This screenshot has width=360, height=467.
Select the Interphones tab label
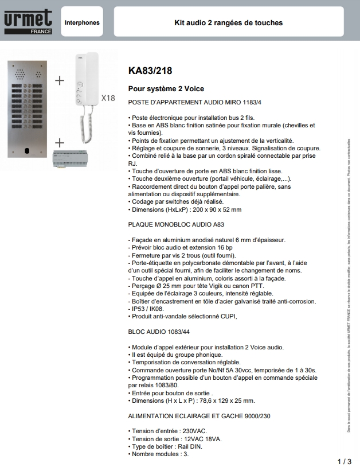pyautogui.click(x=82, y=23)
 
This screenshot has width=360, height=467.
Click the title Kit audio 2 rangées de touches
pyautogui.click(x=228, y=23)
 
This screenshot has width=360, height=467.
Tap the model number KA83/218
pyautogui.click(x=150, y=71)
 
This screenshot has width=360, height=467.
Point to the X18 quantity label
pyautogui.click(x=108, y=98)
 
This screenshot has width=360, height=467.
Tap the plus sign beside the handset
pyautogui.click(x=60, y=81)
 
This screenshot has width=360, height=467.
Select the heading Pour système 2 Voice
pyautogui.click(x=166, y=89)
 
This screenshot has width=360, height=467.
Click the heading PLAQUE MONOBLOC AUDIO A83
pyautogui.click(x=173, y=225)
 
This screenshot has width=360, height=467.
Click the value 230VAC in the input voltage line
pyautogui.click(x=194, y=431)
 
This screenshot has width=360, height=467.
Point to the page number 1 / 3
pyautogui.click(x=345, y=461)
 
